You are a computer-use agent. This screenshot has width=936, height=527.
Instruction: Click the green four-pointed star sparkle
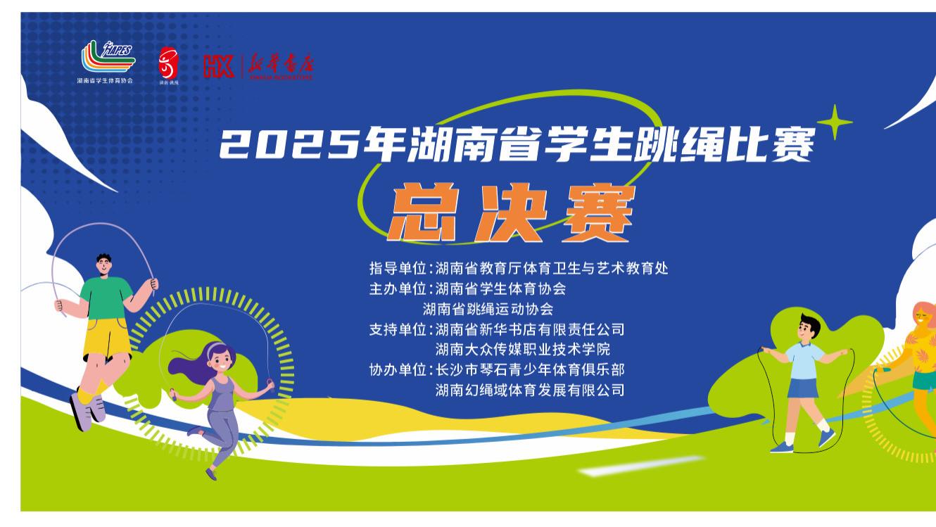(x=834, y=123)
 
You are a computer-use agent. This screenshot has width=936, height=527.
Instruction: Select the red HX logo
(x=218, y=66)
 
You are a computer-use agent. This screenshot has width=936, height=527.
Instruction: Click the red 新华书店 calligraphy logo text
(x=279, y=66)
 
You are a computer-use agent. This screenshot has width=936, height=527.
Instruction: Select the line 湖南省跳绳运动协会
(x=488, y=309)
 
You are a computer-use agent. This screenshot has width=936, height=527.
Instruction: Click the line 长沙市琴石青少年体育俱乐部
(x=529, y=369)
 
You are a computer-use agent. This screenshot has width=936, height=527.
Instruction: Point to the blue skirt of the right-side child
(x=804, y=388)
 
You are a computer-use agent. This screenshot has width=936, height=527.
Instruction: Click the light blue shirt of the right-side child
(x=806, y=359)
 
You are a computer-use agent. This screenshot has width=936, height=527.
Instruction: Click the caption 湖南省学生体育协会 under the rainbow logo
(x=105, y=81)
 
